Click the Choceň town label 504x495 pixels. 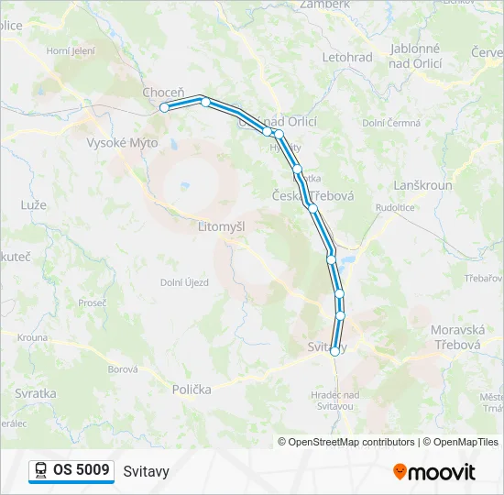coord(163,93)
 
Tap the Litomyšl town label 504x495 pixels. coord(221,225)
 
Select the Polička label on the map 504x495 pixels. coord(192,389)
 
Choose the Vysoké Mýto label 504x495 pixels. coord(122,143)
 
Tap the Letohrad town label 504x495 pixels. coord(347,58)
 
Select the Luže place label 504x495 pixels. coord(33,204)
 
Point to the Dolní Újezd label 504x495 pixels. coord(184,282)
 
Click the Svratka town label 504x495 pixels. coord(35,392)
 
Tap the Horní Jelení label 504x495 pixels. coord(71,51)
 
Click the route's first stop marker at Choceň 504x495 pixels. coord(165,107)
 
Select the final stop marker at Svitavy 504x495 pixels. coord(334,351)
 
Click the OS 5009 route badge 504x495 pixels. coord(71,470)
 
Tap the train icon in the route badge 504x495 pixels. coord(41,470)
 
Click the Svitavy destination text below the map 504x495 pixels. coord(146,471)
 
